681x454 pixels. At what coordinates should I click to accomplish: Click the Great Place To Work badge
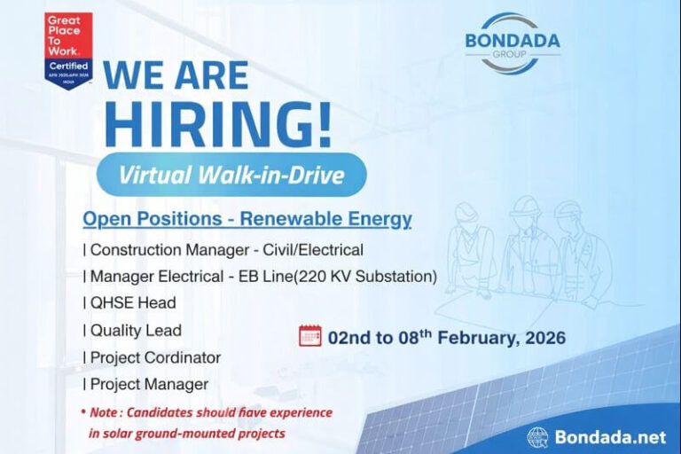tap(68, 50)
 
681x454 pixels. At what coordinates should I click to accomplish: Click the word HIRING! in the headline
tap(217, 124)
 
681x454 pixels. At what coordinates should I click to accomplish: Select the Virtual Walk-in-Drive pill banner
tap(231, 176)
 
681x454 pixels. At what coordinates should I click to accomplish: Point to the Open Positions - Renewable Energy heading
tap(247, 219)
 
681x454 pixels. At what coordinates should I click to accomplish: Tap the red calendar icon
tap(310, 336)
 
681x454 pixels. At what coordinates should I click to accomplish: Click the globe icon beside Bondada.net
tap(537, 436)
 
